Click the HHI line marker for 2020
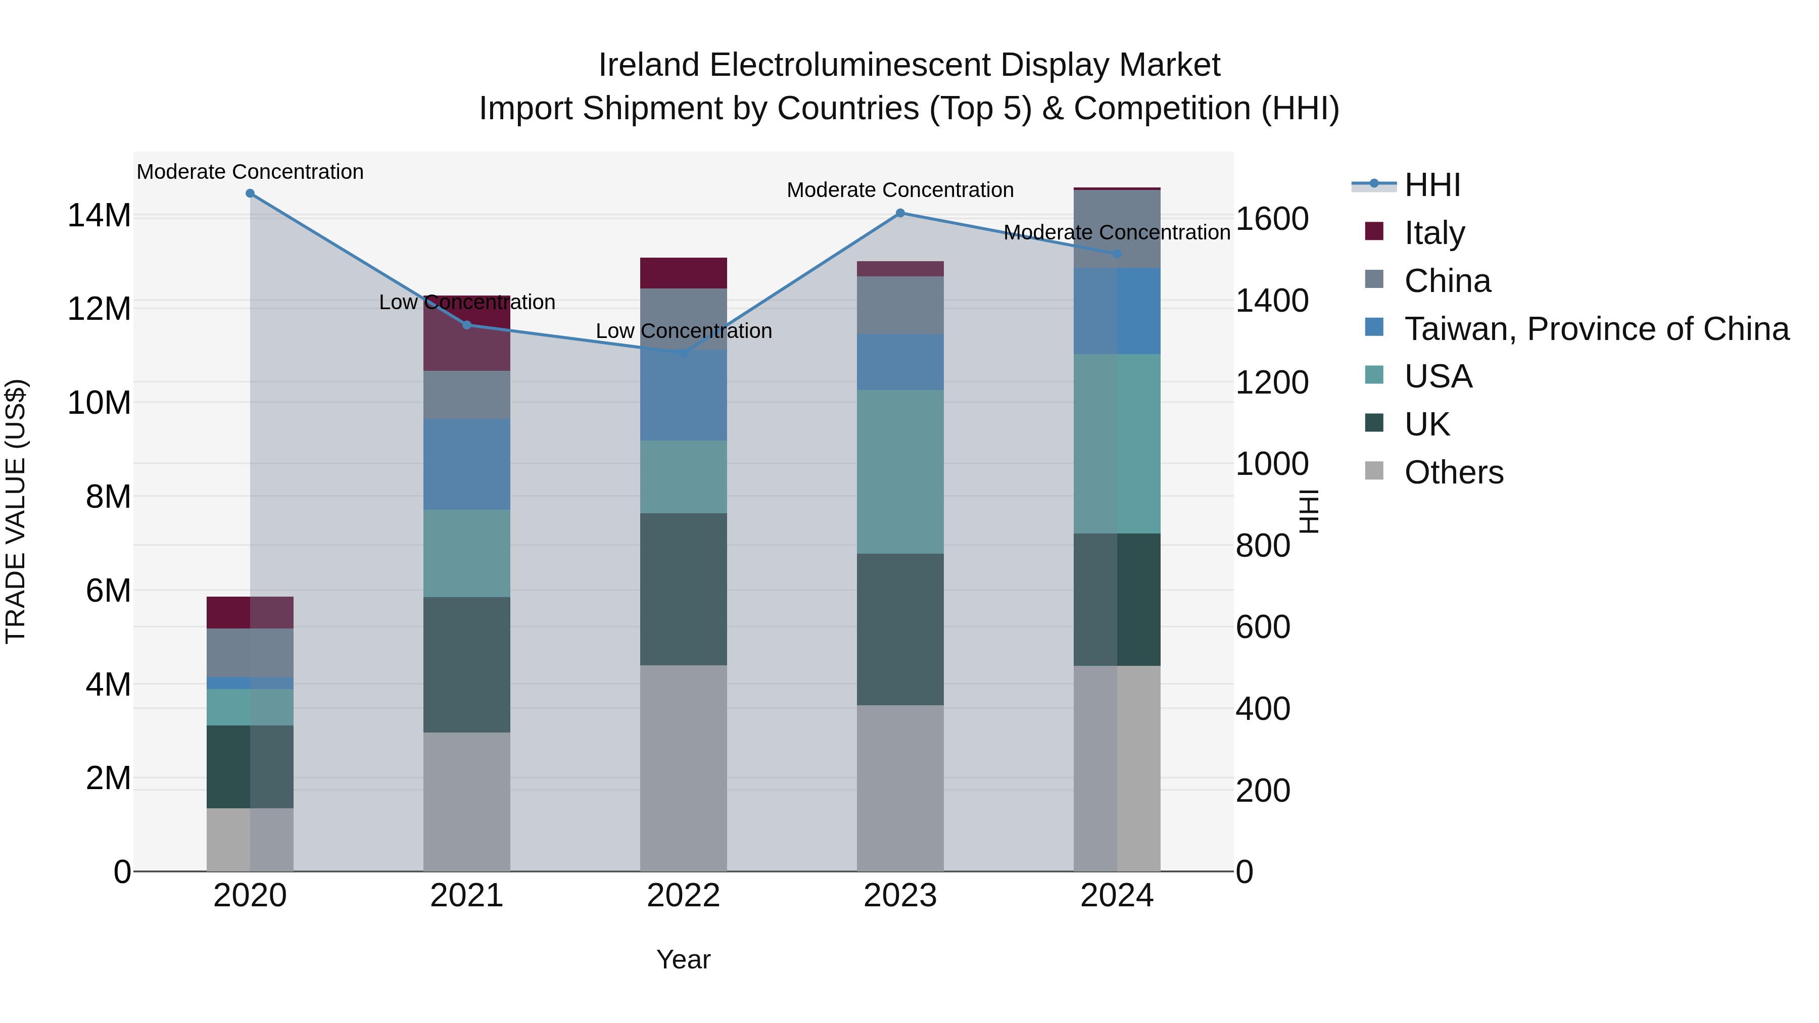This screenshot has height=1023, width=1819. tap(250, 193)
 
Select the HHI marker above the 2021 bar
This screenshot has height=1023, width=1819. tap(467, 325)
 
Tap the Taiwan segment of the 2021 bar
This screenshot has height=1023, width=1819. tap(467, 465)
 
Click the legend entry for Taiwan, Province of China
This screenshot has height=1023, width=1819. tap(1596, 329)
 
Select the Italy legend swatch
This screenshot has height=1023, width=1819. tap(1374, 231)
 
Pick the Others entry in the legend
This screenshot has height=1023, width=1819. tap(1453, 472)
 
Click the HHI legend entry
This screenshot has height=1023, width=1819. tap(1431, 185)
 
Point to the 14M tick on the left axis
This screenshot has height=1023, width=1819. tap(99, 215)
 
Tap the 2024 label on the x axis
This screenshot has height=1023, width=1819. tap(1116, 896)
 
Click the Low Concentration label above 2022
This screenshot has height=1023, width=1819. tap(684, 331)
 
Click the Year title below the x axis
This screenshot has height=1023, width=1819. tap(683, 959)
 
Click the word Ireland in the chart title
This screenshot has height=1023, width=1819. tap(650, 66)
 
